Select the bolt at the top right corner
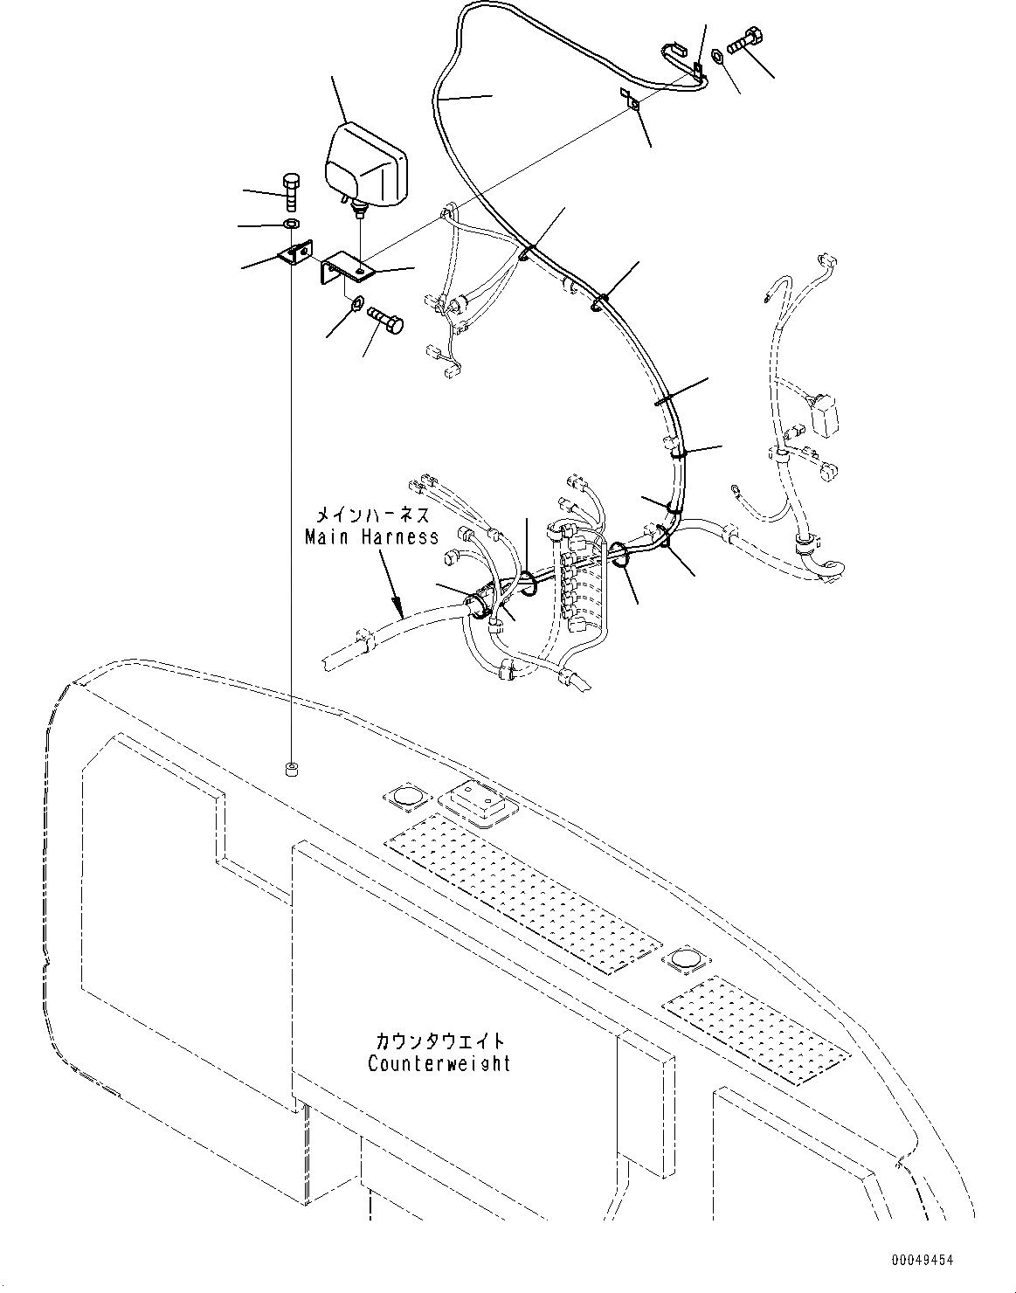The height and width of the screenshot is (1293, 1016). (745, 39)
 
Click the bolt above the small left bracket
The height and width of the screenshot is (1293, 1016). (292, 190)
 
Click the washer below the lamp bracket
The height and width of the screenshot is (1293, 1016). (356, 304)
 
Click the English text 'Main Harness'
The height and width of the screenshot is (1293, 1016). (371, 536)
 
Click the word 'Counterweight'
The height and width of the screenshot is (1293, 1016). (439, 1063)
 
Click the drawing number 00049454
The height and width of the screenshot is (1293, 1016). (923, 1260)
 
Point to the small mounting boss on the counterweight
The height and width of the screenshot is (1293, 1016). (291, 770)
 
